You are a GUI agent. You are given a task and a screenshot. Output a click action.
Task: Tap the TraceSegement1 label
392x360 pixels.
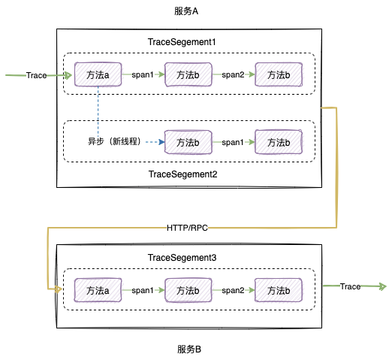click(182, 43)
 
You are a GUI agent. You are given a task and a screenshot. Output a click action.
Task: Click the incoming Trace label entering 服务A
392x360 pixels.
click(36, 75)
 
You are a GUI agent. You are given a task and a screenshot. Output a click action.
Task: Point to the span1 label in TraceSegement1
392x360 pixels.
click(143, 75)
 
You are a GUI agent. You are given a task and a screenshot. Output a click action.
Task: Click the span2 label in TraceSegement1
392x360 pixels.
click(233, 75)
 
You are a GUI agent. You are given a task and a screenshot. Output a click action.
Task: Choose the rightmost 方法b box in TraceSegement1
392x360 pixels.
click(278, 75)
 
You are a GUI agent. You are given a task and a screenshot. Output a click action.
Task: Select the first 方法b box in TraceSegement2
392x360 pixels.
click(187, 141)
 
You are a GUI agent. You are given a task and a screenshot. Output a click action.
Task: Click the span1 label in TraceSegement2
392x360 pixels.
click(232, 141)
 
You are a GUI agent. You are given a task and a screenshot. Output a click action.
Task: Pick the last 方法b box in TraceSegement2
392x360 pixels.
click(278, 141)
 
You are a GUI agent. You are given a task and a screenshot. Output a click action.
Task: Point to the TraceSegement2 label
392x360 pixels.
click(182, 174)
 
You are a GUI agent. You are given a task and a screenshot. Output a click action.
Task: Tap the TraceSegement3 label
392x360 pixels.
click(182, 258)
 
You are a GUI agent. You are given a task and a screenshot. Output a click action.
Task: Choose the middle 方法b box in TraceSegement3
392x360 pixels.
click(187, 289)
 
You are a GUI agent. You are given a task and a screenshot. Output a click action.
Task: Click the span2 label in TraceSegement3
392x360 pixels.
click(233, 289)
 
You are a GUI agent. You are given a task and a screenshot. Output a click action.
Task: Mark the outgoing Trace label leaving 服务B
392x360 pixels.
click(350, 286)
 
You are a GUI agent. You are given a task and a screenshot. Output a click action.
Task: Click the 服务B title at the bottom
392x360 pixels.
click(188, 349)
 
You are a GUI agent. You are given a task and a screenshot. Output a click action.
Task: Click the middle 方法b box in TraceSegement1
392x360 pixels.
click(187, 75)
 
